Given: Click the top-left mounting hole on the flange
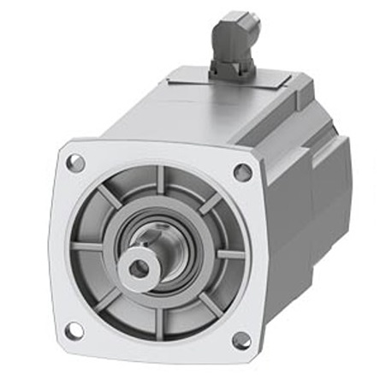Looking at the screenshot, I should click(76, 162).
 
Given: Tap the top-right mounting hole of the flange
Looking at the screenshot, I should click(242, 171).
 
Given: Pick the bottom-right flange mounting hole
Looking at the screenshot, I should click(242, 341).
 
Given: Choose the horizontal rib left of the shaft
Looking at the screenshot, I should click(87, 246).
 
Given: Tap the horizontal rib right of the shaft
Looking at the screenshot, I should click(229, 253).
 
